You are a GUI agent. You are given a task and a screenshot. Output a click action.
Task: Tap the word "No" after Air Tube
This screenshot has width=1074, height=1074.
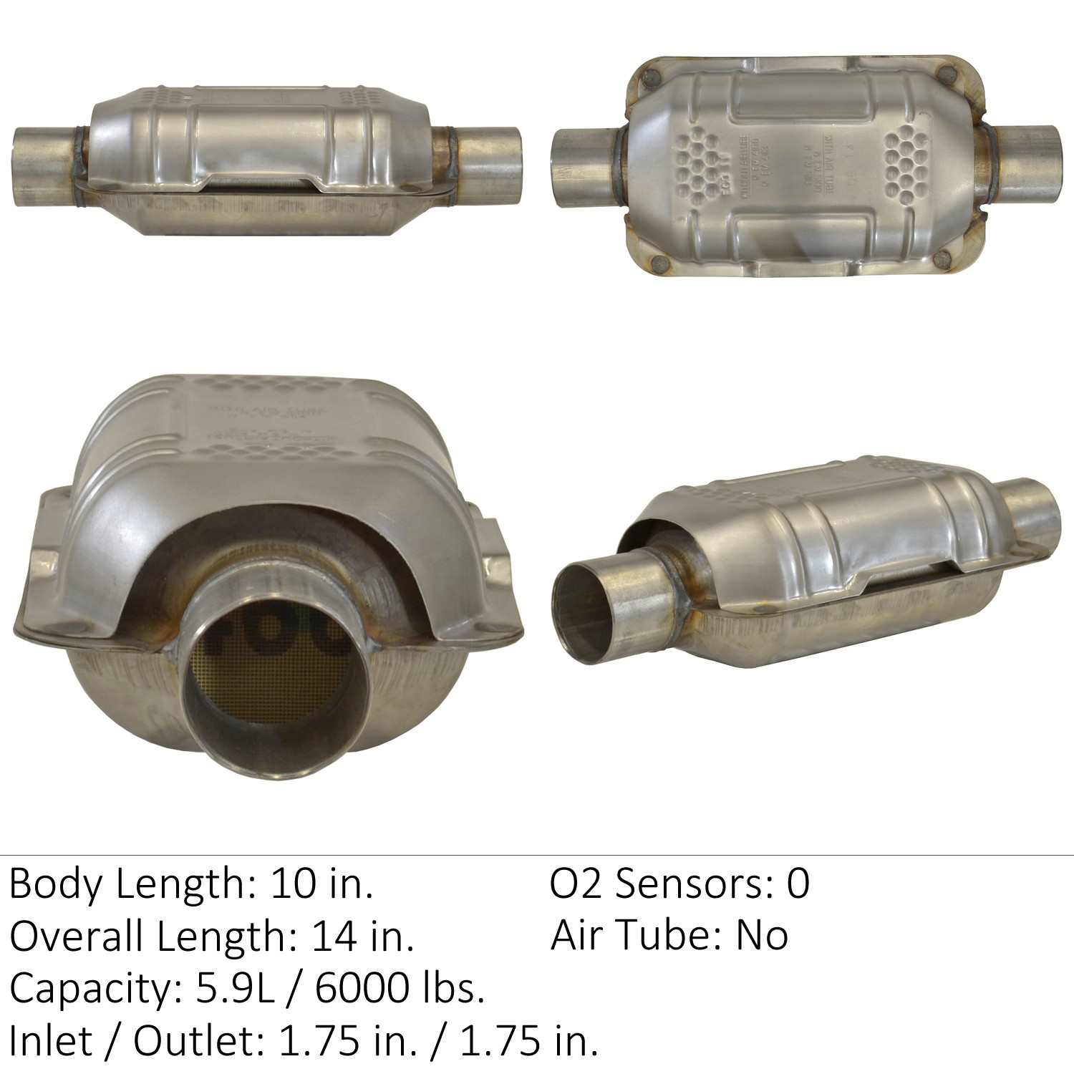click(x=762, y=937)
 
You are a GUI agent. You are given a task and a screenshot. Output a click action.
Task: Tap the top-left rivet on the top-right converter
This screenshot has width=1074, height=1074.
click(x=651, y=77)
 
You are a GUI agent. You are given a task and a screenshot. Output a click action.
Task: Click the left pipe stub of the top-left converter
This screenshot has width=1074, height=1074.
click(x=43, y=166)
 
